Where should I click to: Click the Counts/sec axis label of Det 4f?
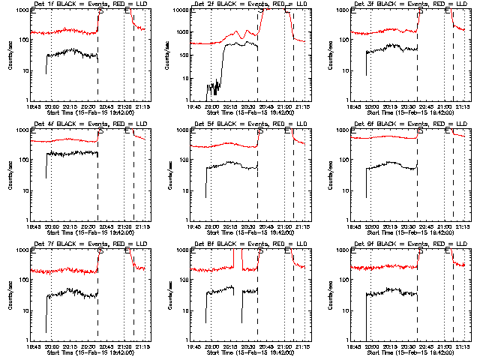pos(10,173)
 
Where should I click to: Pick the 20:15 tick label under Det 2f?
pos(230,106)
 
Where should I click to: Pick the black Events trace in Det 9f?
pos(390,292)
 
